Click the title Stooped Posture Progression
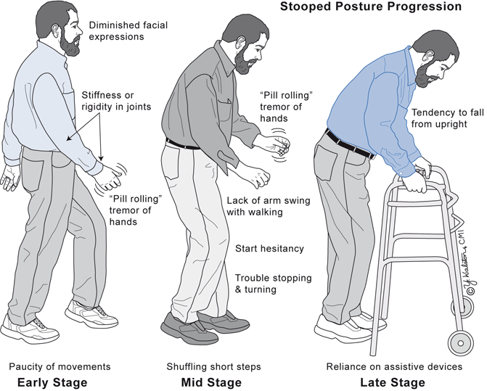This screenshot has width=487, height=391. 371,7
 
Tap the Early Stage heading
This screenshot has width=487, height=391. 52,382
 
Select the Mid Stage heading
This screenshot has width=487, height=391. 211,382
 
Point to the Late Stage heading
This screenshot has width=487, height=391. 393,382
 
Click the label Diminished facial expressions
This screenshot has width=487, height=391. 128,30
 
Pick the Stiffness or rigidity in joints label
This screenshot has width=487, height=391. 116,101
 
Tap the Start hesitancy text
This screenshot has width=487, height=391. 269,249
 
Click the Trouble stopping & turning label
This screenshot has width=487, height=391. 274,284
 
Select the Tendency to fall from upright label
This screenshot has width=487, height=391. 448,118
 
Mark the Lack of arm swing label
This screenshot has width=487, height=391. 269,206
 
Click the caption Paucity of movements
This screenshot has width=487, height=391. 60,367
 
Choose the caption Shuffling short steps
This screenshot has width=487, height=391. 213,367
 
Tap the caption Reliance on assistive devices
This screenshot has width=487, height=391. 394,367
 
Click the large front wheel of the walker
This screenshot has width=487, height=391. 461,343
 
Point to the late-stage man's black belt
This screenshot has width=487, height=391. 350,145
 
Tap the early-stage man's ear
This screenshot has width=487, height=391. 56,29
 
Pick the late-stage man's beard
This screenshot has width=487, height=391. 426,75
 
